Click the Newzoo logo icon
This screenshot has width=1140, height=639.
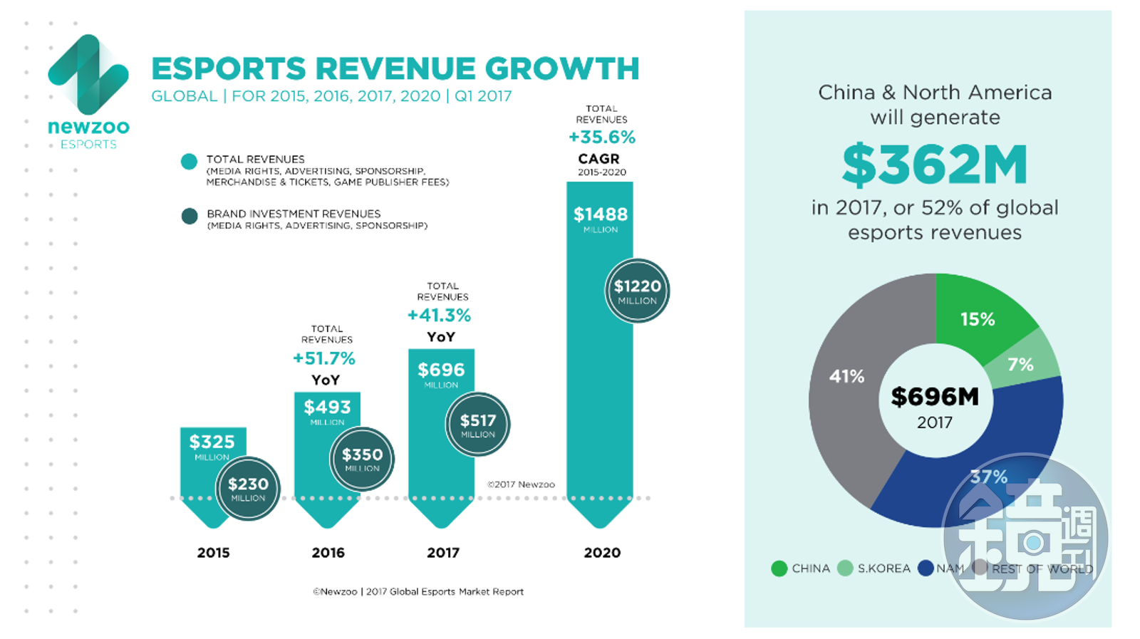(x=88, y=74)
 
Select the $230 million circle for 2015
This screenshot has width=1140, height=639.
(x=248, y=489)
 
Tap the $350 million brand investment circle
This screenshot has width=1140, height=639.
(x=362, y=459)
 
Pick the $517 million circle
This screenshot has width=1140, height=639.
(x=477, y=425)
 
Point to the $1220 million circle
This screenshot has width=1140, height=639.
(x=637, y=291)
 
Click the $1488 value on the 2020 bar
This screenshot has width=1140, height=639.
(x=600, y=214)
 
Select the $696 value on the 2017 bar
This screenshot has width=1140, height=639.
(x=440, y=370)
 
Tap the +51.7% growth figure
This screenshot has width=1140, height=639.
(x=324, y=358)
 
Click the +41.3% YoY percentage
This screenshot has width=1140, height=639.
(x=439, y=315)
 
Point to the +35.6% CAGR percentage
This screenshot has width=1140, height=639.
(x=602, y=137)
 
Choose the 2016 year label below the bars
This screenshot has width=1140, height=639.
(x=328, y=552)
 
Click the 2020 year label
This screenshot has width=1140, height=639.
(x=602, y=552)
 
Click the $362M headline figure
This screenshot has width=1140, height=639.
(x=934, y=165)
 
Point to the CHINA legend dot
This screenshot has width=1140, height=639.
(x=779, y=568)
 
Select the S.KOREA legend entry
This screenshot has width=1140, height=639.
(x=876, y=568)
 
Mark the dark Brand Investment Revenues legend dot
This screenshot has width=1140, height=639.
(x=190, y=217)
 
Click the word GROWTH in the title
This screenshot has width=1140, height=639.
(x=562, y=69)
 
